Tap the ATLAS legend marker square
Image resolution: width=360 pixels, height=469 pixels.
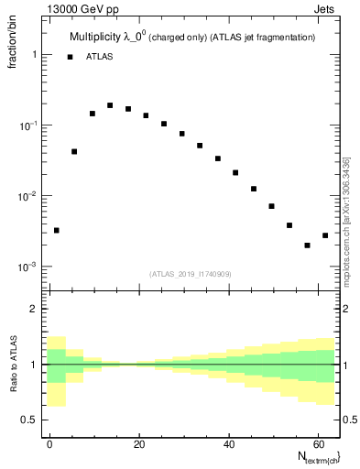tap(70, 57)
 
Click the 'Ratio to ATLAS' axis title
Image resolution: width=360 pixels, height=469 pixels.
tap(14, 364)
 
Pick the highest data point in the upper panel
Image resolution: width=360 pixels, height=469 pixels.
tap(110, 105)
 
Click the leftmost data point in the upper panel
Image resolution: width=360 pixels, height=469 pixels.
tap(56, 230)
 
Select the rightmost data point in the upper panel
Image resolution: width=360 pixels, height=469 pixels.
tap(325, 235)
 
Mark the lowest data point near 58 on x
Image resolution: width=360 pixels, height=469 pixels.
tap(307, 245)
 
